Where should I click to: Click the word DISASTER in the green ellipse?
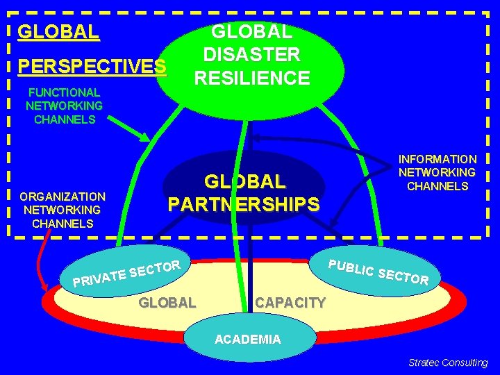(251, 54)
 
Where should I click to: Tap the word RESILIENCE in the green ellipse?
(252, 78)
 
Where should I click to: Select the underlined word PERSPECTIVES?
(92, 67)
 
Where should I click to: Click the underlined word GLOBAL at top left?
(58, 32)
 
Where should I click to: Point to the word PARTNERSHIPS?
(244, 205)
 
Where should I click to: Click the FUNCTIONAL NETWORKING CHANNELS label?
(64, 106)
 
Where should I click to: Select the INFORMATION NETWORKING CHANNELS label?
(437, 172)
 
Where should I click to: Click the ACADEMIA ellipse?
(248, 340)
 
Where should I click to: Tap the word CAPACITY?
(290, 302)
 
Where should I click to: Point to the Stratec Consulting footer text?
(448, 362)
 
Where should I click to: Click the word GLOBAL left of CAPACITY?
(167, 302)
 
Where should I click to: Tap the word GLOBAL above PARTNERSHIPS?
(244, 182)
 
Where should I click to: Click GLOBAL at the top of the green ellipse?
(252, 31)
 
